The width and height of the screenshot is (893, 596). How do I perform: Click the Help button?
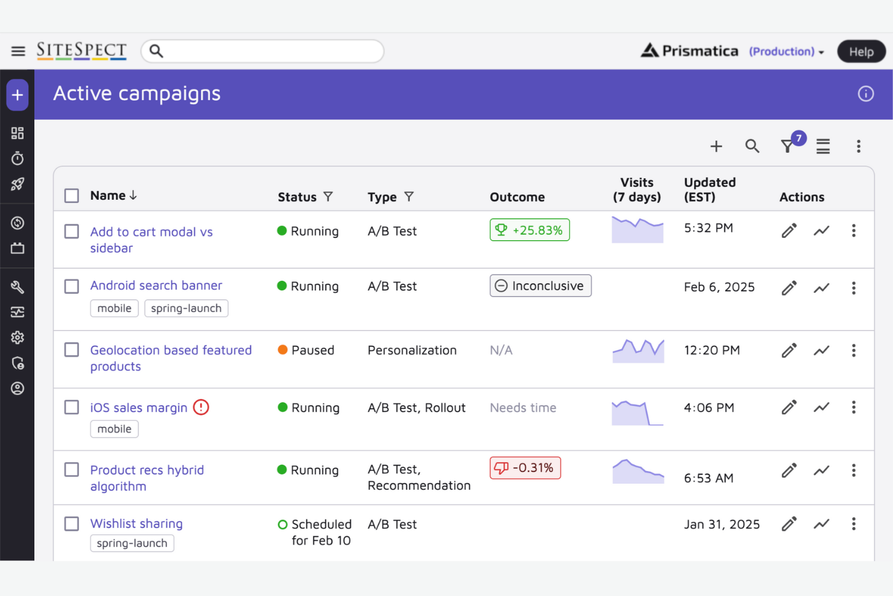(x=861, y=52)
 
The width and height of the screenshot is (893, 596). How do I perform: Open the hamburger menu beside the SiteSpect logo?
(x=18, y=51)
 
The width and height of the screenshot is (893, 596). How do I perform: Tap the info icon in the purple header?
(x=865, y=94)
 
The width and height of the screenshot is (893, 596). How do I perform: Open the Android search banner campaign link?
(x=156, y=285)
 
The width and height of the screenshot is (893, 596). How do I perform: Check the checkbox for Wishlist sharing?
(x=72, y=524)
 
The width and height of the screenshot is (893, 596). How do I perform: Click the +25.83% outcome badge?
(x=529, y=230)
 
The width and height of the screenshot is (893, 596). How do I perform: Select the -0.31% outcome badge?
(x=525, y=468)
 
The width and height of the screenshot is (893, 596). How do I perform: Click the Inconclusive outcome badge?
(x=540, y=286)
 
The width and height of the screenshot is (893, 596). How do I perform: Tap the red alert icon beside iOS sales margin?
(x=201, y=408)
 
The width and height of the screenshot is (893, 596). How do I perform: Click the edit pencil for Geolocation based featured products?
(x=789, y=350)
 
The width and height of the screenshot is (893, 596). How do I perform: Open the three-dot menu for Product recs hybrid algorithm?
(x=853, y=470)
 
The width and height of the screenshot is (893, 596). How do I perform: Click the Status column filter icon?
(x=328, y=197)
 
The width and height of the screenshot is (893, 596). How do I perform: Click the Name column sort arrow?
(x=133, y=196)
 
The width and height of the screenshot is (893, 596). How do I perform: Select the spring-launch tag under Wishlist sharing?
(x=132, y=543)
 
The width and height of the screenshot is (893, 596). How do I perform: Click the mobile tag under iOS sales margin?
(x=114, y=429)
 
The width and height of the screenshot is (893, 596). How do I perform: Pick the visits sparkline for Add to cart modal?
(x=637, y=230)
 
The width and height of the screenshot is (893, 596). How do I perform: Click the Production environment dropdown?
(x=786, y=52)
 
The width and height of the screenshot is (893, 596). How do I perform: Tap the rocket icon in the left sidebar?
(x=17, y=184)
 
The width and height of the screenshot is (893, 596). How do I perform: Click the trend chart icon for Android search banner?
(x=821, y=288)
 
